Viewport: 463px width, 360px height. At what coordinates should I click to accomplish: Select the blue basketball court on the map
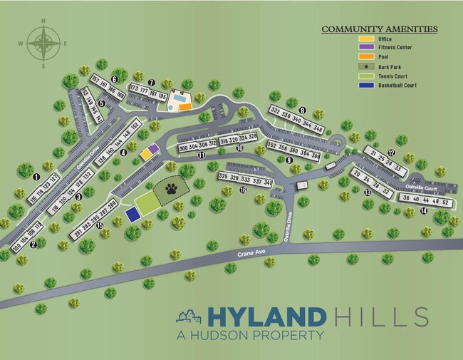[x=132, y=214]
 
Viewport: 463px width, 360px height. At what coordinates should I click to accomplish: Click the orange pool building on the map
[x=184, y=106]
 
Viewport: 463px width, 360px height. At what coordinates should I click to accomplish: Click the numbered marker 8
[x=302, y=110]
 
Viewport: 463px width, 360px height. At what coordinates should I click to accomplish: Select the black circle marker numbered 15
[x=100, y=226]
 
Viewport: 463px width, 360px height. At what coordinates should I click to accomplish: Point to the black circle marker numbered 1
[x=36, y=175]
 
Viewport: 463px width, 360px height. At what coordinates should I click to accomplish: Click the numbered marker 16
[x=243, y=190]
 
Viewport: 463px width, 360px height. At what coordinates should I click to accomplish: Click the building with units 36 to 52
[x=425, y=201]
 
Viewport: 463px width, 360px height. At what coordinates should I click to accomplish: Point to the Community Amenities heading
[x=379, y=29]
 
